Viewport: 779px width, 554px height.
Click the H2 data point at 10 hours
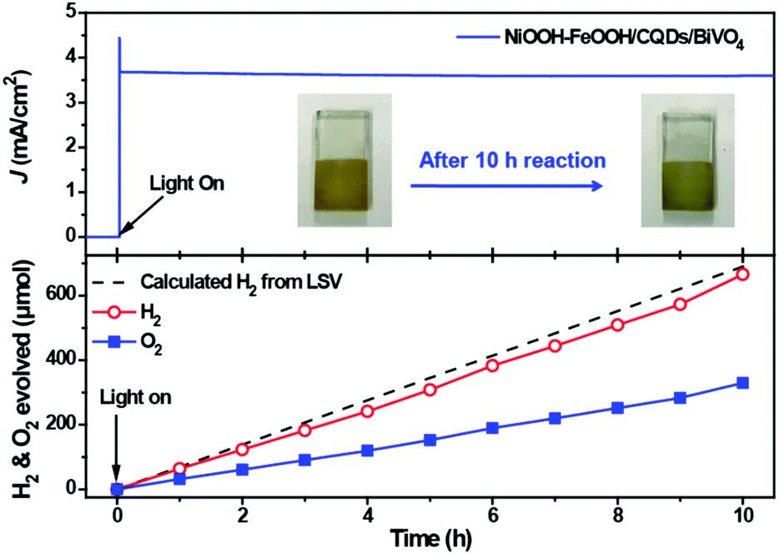742,274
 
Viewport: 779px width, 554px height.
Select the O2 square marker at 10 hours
742,383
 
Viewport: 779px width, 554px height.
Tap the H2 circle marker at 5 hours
430,390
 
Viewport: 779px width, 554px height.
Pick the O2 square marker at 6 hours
492,428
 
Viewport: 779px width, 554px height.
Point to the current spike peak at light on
120,38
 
